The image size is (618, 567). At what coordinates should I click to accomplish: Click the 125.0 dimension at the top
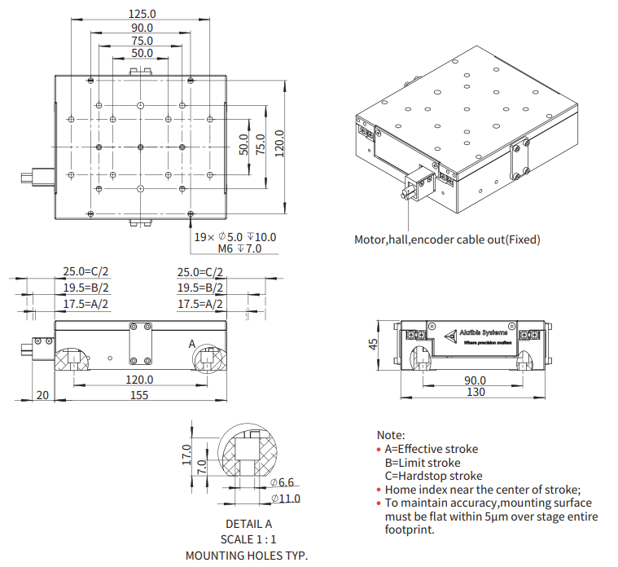pyautogui.click(x=142, y=14)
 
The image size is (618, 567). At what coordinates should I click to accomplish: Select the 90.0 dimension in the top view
pyautogui.click(x=142, y=28)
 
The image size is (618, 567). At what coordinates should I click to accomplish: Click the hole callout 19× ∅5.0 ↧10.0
pyautogui.click(x=234, y=237)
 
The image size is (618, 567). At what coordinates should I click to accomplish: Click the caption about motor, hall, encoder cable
pyautogui.click(x=446, y=240)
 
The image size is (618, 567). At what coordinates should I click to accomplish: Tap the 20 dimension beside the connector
pyautogui.click(x=43, y=395)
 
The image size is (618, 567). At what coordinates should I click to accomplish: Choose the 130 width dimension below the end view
pyautogui.click(x=476, y=393)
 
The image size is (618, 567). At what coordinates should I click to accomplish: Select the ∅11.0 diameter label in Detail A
pyautogui.click(x=285, y=499)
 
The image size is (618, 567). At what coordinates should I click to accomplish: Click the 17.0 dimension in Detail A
pyautogui.click(x=186, y=453)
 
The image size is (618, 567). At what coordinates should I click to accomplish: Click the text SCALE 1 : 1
pyautogui.click(x=248, y=539)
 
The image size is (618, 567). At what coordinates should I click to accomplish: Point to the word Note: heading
pyautogui.click(x=391, y=436)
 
